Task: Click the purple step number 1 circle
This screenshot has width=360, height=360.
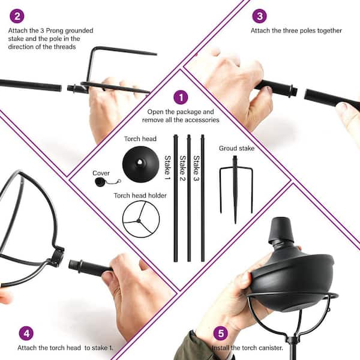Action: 181,97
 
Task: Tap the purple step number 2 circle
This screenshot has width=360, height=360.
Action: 17,16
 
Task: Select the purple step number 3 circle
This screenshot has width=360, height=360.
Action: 259,16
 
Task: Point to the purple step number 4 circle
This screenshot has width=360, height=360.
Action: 26,333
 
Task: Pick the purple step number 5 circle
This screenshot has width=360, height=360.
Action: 221,333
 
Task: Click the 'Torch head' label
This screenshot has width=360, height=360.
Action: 140,139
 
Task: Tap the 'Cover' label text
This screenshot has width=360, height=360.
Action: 101,173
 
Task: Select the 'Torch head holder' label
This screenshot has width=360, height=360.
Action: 140,196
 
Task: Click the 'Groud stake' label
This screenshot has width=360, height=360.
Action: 237,148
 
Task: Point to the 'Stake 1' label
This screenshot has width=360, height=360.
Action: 167,167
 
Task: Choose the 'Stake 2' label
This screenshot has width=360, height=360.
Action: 182,168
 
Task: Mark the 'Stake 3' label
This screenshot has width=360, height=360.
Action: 197,168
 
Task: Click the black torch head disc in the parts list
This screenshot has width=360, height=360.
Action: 141,164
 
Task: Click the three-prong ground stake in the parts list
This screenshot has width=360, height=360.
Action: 236,190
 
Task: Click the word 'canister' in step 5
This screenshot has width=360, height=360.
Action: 270,348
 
